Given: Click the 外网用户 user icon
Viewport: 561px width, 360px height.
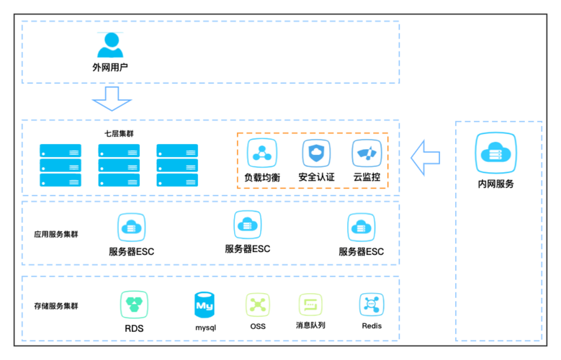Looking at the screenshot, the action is [x=110, y=45].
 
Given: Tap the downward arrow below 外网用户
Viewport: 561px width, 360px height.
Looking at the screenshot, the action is [x=112, y=99].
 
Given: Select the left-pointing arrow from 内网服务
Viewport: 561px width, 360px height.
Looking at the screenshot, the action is [x=426, y=158].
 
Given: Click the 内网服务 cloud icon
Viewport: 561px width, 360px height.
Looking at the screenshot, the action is [x=496, y=153].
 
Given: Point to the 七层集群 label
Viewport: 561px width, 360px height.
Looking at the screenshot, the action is [x=119, y=134].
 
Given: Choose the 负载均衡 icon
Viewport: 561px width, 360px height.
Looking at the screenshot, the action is [x=262, y=153].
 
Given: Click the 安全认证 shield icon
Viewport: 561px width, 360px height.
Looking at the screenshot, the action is [x=316, y=153].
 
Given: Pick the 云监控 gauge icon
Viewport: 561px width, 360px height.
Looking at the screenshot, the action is [x=367, y=153].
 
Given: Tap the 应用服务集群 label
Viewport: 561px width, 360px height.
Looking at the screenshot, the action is [x=56, y=235].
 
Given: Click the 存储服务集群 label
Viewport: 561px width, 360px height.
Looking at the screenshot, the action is [x=56, y=306].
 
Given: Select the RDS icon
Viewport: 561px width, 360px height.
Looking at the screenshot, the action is [x=134, y=305].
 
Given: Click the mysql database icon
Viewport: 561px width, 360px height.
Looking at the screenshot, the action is [x=205, y=305].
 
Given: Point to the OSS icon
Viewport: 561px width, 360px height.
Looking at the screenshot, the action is [x=258, y=305].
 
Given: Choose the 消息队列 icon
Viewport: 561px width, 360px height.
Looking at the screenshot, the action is [x=310, y=305].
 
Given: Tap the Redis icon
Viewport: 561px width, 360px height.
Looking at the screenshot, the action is [x=372, y=305].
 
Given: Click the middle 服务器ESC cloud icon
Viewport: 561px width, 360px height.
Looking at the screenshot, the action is [x=248, y=225].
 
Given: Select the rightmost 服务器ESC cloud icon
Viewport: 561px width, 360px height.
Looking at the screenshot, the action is [x=362, y=228].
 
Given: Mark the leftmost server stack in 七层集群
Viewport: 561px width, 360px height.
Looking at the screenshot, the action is [x=60, y=166].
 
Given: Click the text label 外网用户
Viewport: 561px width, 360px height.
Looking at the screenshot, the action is [x=110, y=67].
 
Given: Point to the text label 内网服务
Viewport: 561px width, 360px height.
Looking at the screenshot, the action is [x=496, y=184].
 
